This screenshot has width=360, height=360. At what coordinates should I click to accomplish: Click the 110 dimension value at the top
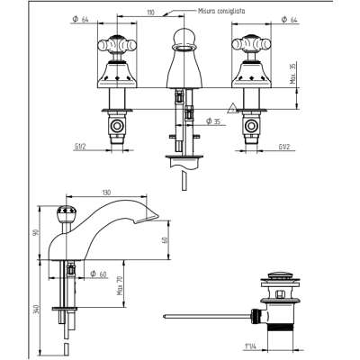pos(150,13)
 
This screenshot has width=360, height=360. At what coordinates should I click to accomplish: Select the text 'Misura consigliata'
pos(221,11)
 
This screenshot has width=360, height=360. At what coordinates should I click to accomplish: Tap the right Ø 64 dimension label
pos(289,20)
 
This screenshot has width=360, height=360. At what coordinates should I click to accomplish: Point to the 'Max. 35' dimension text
pos(293,74)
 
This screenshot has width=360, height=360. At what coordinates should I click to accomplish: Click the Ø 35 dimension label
pos(213,121)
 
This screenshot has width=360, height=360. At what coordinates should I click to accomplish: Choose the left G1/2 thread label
pos(80,147)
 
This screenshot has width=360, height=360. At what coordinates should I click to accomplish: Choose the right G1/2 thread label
pos(284,147)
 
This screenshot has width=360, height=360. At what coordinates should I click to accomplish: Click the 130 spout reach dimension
pos(106,193)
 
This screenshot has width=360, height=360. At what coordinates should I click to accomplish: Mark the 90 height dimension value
pos(37,232)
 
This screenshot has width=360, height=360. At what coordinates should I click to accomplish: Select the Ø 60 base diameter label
pos(99,274)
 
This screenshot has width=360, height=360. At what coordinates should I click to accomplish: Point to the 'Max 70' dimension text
pos(120,285)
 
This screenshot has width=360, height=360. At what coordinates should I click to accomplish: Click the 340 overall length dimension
pos(37,309)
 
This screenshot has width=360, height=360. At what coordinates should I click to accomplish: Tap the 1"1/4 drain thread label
pos(250,346)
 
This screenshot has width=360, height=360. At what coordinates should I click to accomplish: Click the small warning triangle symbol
pos(233,108)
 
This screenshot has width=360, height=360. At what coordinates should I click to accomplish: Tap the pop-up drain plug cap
pos(280,275)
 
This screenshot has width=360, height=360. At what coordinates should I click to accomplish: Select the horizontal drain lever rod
pos(207,316)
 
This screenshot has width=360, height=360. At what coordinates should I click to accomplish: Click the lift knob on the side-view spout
pos(67,212)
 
